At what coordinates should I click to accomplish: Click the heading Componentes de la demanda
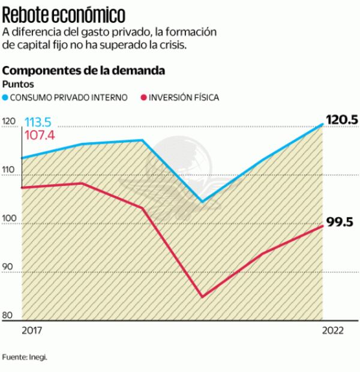84,71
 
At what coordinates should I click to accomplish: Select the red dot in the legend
143,97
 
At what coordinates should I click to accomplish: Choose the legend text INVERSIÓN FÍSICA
184,97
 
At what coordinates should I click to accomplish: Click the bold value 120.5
341,120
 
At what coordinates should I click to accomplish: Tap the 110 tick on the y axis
9,171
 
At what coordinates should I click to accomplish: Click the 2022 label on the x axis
333,331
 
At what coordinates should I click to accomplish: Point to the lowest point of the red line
202,296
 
